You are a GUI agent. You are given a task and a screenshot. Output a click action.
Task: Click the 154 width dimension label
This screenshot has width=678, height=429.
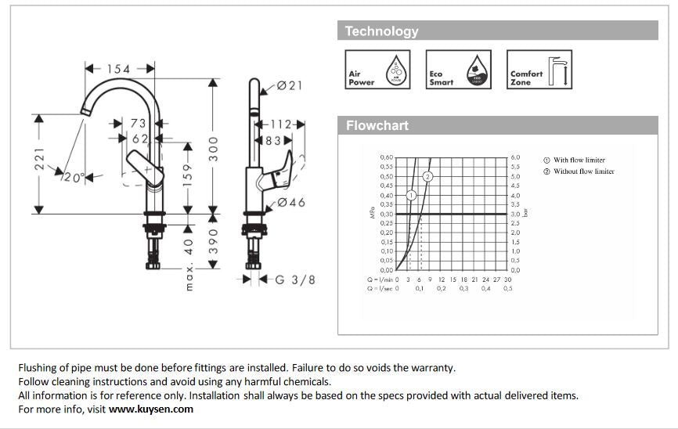(118, 69)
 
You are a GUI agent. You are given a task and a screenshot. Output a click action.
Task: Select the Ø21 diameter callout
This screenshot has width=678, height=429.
(290, 85)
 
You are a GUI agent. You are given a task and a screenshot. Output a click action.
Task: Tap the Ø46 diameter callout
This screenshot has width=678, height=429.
(290, 203)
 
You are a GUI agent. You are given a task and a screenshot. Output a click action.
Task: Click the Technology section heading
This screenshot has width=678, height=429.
(381, 31)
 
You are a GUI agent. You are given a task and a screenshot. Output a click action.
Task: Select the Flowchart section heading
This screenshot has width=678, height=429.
(377, 125)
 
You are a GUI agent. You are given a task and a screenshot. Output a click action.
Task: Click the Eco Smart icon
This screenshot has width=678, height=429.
(459, 69)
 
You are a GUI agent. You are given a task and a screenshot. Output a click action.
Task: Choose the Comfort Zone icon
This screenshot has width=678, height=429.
(540, 69)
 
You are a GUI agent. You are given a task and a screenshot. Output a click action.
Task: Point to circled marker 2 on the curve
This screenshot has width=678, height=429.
(427, 176)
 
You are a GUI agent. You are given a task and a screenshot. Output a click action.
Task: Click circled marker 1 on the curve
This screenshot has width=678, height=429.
(411, 195)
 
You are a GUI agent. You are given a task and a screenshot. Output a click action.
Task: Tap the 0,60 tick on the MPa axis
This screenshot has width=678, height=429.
(387, 157)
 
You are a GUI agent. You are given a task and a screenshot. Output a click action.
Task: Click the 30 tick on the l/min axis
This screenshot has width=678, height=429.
(507, 279)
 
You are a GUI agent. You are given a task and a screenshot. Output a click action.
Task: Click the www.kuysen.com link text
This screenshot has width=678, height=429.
(150, 409)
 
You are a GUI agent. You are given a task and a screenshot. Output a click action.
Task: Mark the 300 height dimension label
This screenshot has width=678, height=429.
(213, 148)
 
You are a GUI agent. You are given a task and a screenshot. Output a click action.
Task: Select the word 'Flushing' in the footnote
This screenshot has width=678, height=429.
(38, 367)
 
